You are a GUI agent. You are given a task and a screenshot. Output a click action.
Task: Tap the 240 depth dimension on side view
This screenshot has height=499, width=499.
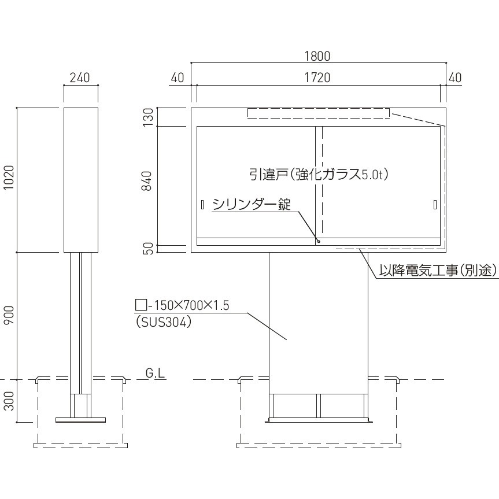coord(80,78)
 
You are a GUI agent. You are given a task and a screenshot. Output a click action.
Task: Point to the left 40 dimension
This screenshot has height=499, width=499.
coord(178,78)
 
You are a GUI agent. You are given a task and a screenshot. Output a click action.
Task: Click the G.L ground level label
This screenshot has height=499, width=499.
coord(155,374)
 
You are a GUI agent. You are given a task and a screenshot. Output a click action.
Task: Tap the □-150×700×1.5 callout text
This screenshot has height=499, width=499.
coord(182,306)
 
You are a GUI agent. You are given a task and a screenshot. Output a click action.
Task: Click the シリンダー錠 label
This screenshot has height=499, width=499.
coord(251,204)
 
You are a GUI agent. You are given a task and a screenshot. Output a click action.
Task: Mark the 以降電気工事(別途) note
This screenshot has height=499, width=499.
coord(438,270)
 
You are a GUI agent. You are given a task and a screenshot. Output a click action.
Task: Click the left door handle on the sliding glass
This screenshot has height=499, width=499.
coord(202,204)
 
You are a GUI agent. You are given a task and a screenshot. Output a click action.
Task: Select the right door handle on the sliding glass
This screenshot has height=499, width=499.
coord(434,204)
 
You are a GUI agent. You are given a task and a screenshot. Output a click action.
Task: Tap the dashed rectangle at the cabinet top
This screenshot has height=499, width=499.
coord(319,113)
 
